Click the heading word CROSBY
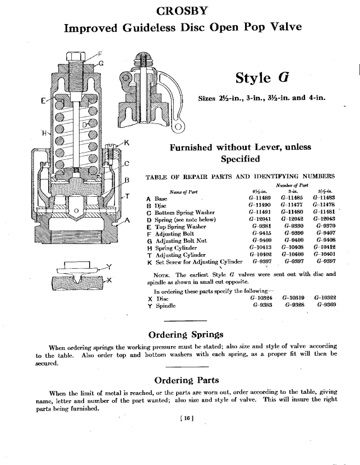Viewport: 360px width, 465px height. click(180, 11)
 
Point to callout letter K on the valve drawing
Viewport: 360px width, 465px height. click(127, 143)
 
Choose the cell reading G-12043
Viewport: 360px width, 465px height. click(326, 219)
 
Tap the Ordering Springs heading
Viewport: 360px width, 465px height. click(180, 335)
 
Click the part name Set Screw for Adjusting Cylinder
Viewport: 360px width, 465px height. click(199, 261)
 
